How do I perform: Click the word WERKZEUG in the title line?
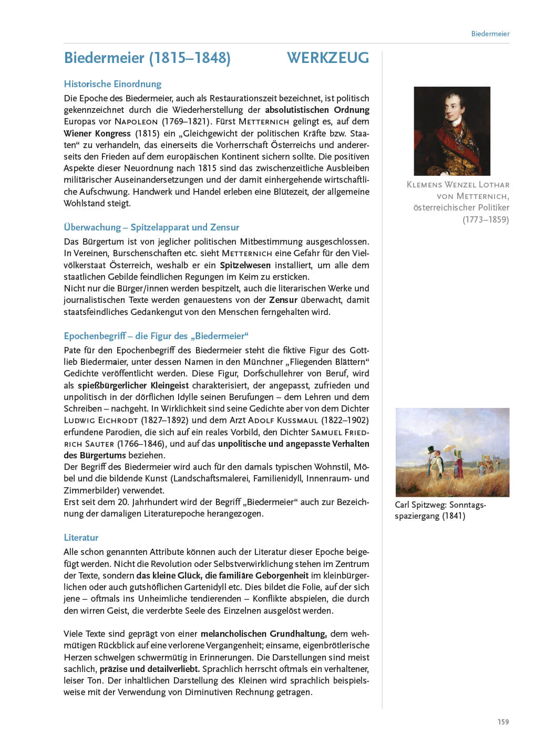click(328, 58)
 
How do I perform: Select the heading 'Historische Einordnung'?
click(112, 84)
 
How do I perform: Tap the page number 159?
click(503, 722)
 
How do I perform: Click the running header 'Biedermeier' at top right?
click(490, 34)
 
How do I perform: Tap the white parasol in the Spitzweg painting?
click(450, 449)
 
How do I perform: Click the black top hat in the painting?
click(432, 450)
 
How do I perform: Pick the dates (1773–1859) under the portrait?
click(486, 219)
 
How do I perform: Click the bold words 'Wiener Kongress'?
click(97, 133)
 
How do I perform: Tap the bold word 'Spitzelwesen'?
click(245, 265)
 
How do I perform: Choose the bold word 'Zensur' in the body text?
click(283, 300)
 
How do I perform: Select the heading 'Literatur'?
click(81, 538)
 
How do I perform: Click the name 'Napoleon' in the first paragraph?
click(136, 122)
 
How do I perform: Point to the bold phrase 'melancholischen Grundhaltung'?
click(263, 634)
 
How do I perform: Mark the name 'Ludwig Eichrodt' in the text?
click(100, 421)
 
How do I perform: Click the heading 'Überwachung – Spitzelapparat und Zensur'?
click(151, 227)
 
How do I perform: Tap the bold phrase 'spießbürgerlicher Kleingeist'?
click(133, 385)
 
